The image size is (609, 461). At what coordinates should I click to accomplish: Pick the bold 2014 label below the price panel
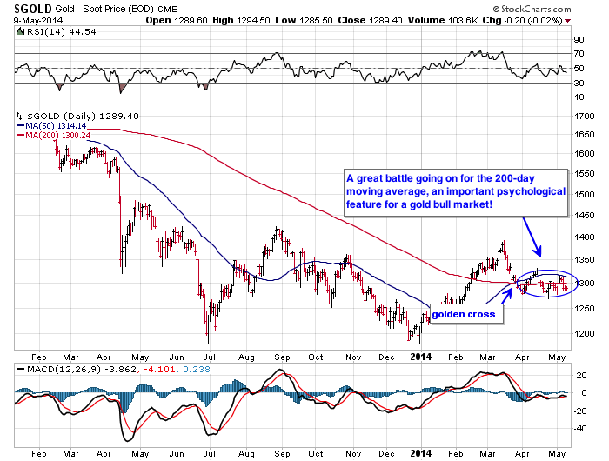[x=420, y=355]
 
